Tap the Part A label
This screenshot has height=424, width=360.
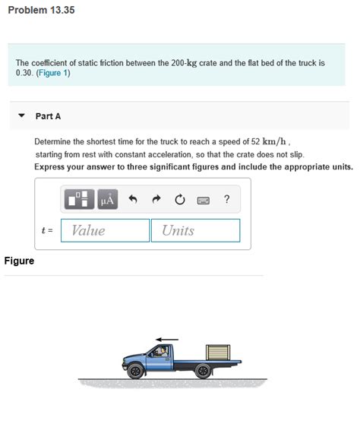pyautogui.click(x=48, y=115)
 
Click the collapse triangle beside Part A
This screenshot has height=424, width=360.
pyautogui.click(x=22, y=115)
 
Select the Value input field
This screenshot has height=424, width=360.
pyautogui.click(x=105, y=230)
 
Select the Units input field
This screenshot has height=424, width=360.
pyautogui.click(x=195, y=230)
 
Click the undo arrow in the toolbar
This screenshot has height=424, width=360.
pyautogui.click(x=132, y=200)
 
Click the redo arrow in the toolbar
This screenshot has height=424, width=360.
pyautogui.click(x=156, y=200)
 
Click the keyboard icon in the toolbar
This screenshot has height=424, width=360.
pyautogui.click(x=203, y=201)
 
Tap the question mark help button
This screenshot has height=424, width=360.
pyautogui.click(x=226, y=200)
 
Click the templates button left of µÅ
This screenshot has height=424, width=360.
pyautogui.click(x=78, y=200)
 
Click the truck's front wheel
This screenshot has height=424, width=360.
pyautogui.click(x=135, y=371)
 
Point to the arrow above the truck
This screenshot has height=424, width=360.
pyautogui.click(x=168, y=339)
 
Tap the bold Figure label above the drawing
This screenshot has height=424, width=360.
pyautogui.click(x=19, y=261)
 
